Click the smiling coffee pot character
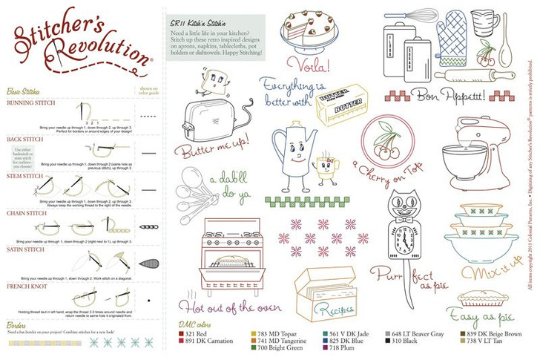pos(294,153)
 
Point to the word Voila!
pos(308,64)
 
